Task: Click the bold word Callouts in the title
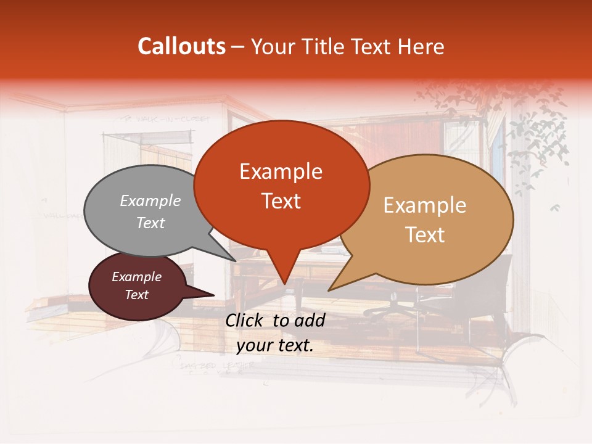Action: [181, 46]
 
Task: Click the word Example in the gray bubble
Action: [150, 200]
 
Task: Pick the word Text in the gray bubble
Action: [150, 223]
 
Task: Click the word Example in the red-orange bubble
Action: [281, 171]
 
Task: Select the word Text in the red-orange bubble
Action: [281, 201]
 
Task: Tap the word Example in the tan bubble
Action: [425, 205]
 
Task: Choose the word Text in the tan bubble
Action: [425, 235]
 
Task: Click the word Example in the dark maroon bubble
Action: [136, 277]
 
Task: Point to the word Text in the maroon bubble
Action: [136, 295]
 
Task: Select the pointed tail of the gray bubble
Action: [228, 255]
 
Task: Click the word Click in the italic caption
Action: [245, 320]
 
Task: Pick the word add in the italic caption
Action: [310, 320]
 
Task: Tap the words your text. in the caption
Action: [275, 345]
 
